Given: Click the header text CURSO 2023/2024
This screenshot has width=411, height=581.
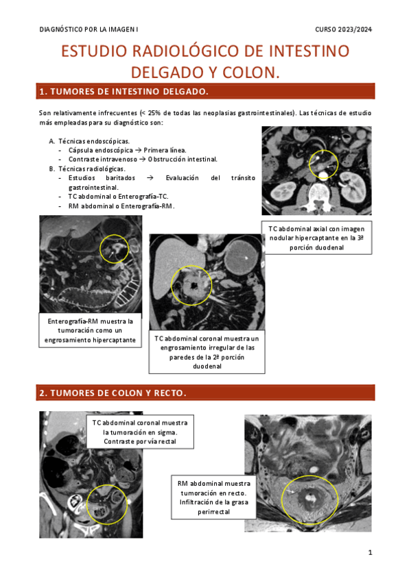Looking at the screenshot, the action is pos(343,29).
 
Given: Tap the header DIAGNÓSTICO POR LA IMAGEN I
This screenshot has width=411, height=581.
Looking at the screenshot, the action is pos(89,29).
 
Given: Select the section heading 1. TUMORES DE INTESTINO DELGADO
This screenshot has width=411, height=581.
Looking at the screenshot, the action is pos(124,92).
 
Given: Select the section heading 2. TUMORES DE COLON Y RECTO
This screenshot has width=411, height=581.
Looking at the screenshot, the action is pos(113,393).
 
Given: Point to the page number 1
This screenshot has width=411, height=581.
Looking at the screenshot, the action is pos(370,552).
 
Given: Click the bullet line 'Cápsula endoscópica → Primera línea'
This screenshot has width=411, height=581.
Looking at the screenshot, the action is pos(127,150).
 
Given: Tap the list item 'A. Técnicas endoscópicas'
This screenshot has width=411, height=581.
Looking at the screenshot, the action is pos(89,141).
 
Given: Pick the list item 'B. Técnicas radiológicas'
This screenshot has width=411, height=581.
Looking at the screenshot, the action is pos(87,169).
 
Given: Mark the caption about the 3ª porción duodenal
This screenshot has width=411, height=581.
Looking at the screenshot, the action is pos(316,238).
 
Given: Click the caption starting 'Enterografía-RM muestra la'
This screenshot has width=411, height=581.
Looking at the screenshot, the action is pos(90,330).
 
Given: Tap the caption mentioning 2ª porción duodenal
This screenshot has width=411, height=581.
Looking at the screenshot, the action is pos(207,352).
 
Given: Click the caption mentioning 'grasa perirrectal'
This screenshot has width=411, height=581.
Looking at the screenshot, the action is pos(213,497).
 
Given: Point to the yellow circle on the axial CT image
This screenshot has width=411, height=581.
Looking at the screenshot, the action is pos(323,150).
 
